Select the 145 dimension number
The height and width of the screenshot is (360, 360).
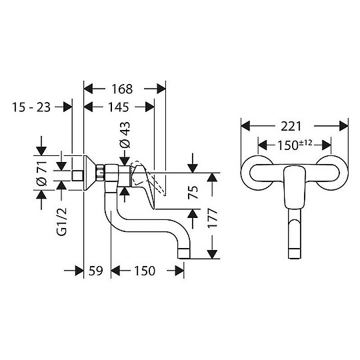click(x=119, y=107)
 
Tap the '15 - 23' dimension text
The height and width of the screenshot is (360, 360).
click(x=31, y=107)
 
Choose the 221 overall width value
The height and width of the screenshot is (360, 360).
click(x=295, y=125)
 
